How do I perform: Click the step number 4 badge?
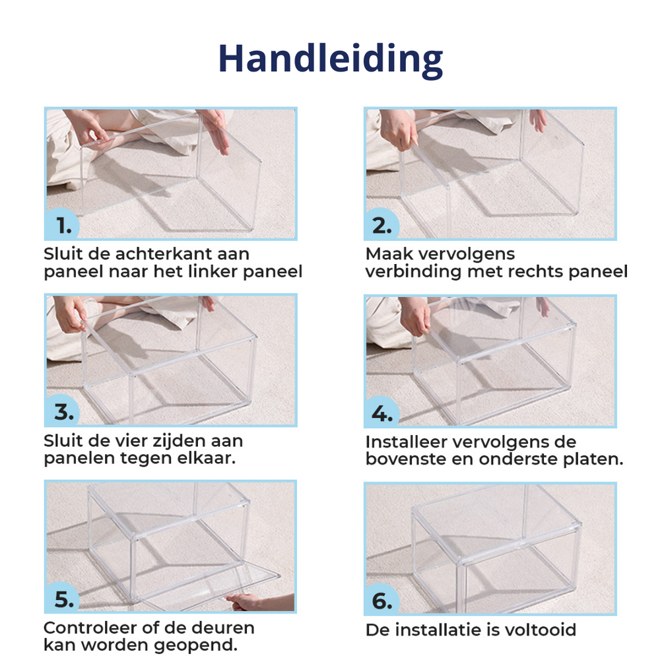381,412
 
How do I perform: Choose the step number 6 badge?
381,599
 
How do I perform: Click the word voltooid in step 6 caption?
540,630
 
